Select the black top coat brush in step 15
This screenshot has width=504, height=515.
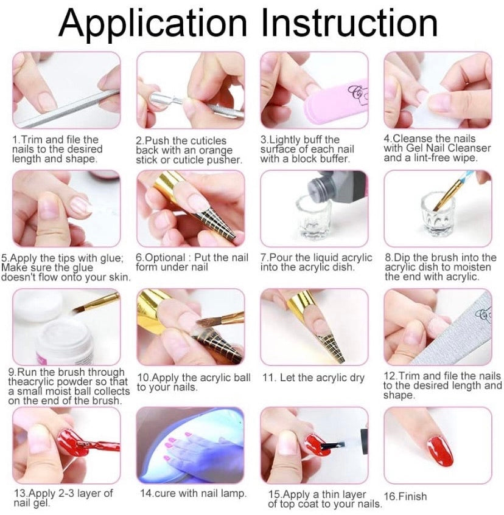tap(332, 446)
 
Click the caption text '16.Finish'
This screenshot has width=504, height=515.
tap(405, 496)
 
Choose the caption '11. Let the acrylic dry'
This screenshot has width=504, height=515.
tap(313, 378)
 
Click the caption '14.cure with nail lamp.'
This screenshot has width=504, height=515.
tap(193, 493)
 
